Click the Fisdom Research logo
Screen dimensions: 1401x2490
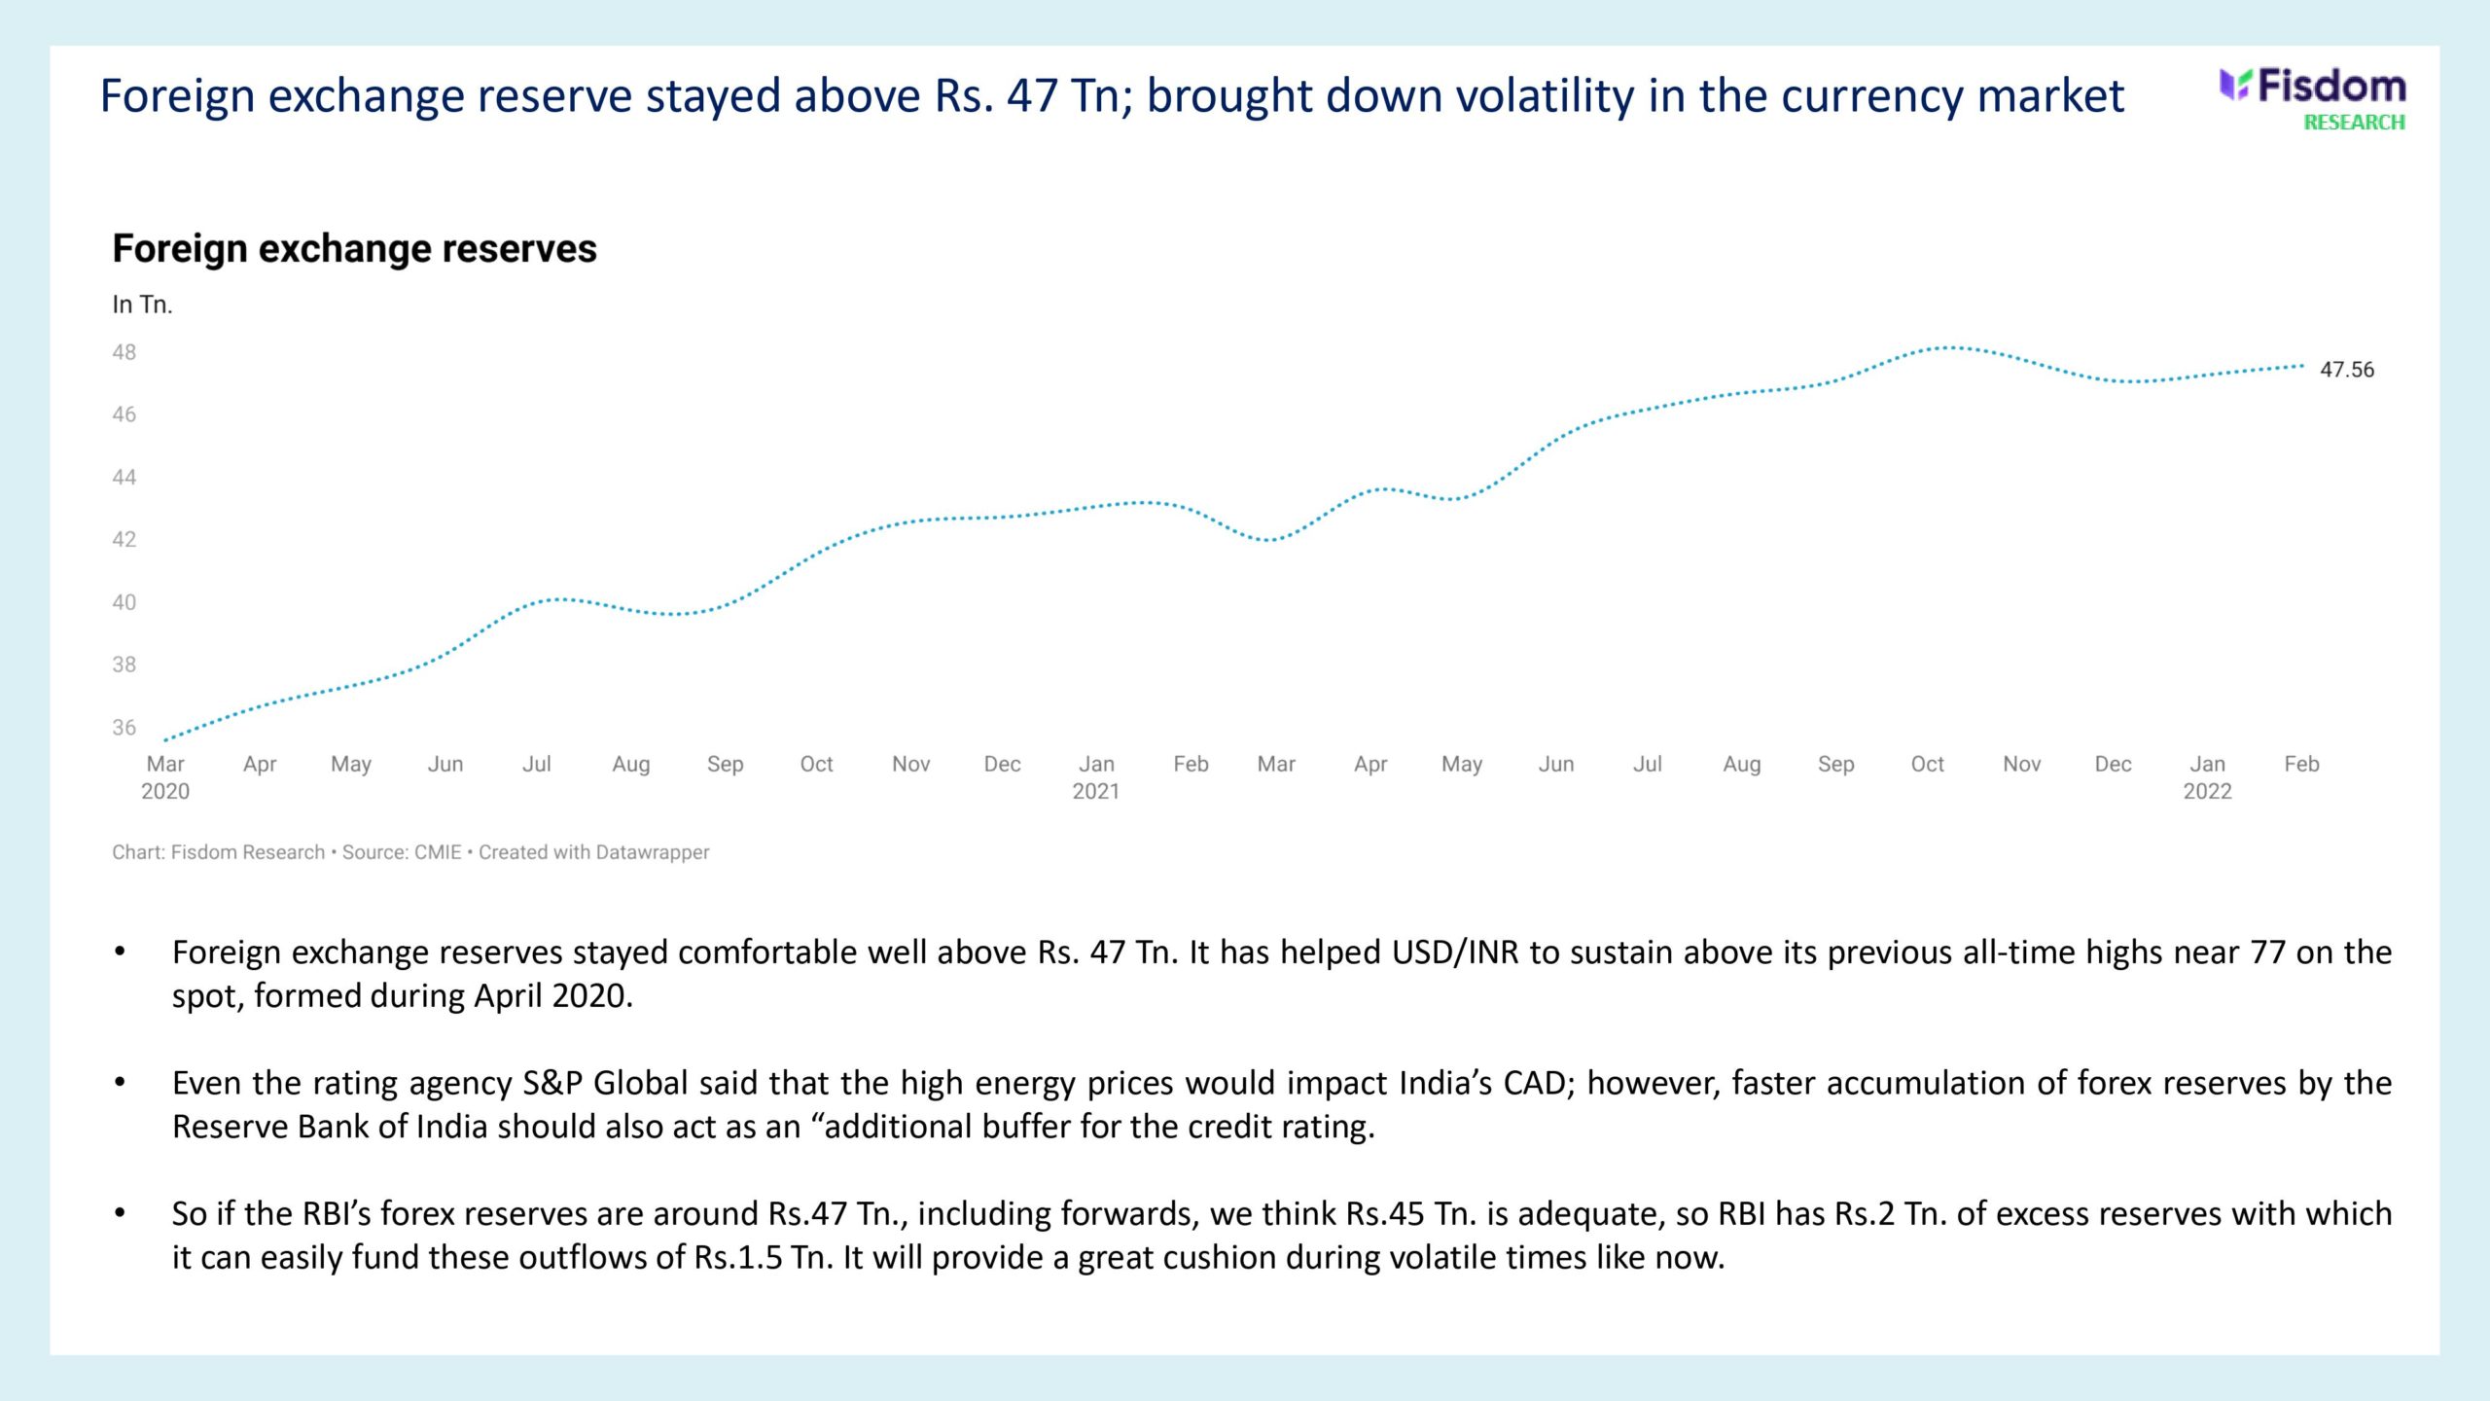click(2312, 98)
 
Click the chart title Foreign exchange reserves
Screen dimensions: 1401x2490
click(354, 249)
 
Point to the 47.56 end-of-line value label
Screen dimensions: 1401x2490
click(2346, 370)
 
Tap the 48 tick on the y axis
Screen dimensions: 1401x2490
click(124, 352)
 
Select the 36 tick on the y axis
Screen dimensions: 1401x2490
click(124, 728)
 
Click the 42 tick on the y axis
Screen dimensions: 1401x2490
click(124, 540)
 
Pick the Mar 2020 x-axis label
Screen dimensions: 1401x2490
click(165, 776)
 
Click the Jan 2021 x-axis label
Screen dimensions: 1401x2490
click(1096, 776)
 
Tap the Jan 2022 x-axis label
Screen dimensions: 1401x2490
click(2207, 776)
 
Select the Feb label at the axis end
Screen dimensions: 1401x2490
click(2301, 764)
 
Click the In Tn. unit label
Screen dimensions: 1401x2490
click(142, 305)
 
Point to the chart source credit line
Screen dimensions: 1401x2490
click(410, 852)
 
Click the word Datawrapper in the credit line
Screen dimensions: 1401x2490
click(652, 852)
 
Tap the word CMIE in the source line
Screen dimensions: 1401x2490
click(438, 852)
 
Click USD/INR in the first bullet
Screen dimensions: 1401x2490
click(1455, 952)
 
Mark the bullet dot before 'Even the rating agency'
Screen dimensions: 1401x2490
click(121, 1082)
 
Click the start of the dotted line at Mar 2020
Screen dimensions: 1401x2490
click(166, 740)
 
